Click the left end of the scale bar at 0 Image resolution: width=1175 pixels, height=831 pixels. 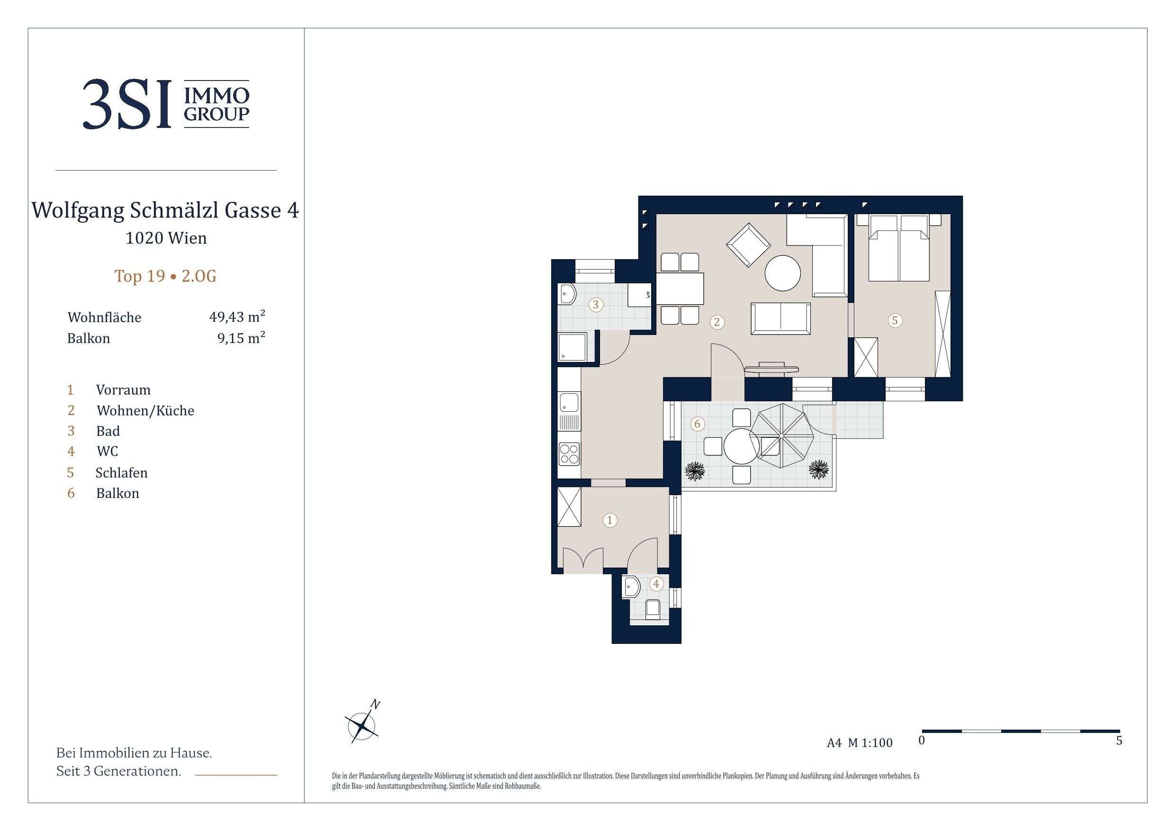(922, 731)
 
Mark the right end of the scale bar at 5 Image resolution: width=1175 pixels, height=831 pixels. (1120, 731)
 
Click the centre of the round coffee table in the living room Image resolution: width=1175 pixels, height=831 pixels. (782, 273)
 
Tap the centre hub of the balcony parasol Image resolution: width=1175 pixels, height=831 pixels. (781, 435)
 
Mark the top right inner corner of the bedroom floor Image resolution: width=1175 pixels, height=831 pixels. (951, 215)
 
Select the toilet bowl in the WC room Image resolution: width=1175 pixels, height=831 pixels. (653, 609)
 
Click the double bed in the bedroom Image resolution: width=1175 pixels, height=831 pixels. (898, 248)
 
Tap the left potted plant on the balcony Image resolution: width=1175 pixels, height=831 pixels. (694, 471)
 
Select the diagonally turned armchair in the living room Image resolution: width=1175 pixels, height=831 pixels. (748, 245)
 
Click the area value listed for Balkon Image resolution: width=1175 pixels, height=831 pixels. (241, 338)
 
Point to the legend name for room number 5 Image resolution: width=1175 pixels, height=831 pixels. (121, 472)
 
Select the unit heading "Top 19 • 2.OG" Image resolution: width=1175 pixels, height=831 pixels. (165, 276)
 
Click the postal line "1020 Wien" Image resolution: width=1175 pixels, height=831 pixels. (166, 238)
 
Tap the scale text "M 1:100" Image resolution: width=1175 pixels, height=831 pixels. (870, 743)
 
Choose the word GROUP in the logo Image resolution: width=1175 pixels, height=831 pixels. (216, 114)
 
